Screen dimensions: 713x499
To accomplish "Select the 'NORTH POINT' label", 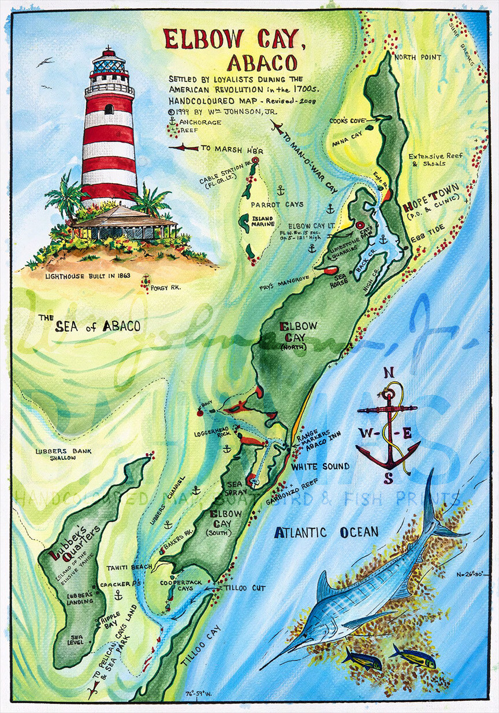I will (418, 57).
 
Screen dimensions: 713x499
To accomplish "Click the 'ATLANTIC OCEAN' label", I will (326, 532).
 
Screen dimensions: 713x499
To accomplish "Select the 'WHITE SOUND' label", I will (320, 466).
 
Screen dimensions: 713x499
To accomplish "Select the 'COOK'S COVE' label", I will (345, 121).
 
